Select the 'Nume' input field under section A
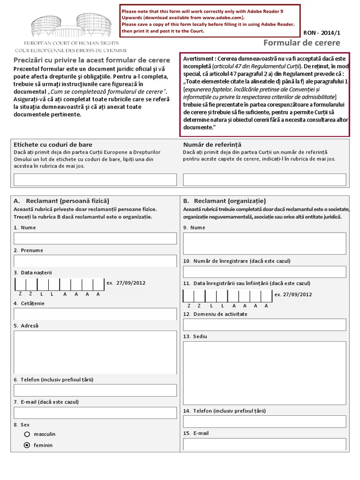(95, 238)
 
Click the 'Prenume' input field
(95, 261)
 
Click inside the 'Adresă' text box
(95, 352)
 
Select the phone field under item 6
(95, 390)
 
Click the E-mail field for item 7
(95, 412)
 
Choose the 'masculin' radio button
(27, 434)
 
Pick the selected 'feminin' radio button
(27, 445)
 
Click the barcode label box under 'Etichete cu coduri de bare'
(95, 180)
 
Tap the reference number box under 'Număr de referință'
(264, 180)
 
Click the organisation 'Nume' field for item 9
(264, 243)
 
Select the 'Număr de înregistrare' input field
(264, 272)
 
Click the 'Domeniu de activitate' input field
(264, 325)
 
